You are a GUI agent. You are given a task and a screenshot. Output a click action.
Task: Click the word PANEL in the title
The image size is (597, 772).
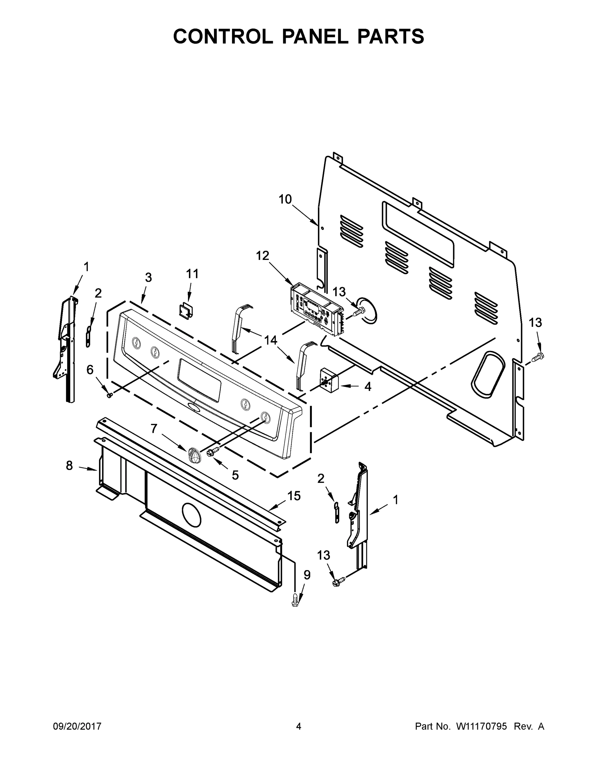click(315, 36)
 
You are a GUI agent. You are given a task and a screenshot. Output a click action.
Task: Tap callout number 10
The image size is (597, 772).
click(285, 200)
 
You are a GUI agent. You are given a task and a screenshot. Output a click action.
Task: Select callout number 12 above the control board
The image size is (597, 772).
click(262, 256)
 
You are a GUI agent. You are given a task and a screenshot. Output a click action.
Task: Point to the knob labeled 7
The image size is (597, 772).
click(194, 455)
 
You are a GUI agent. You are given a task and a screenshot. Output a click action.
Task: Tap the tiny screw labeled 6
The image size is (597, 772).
click(109, 395)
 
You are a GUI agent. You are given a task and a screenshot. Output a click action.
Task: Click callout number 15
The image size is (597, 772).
click(294, 496)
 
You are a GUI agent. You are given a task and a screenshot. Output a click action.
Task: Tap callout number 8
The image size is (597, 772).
click(69, 465)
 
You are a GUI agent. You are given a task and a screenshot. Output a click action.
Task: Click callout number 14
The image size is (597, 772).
click(271, 340)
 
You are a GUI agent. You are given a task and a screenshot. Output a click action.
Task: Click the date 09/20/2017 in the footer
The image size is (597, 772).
click(77, 727)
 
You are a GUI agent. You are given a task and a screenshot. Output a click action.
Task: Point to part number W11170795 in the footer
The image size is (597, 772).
click(481, 727)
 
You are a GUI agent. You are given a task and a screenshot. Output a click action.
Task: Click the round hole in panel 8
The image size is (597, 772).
click(191, 514)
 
